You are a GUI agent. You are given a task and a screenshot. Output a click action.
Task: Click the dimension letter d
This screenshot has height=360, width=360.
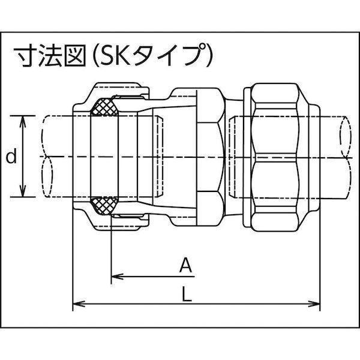[x=10, y=158]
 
